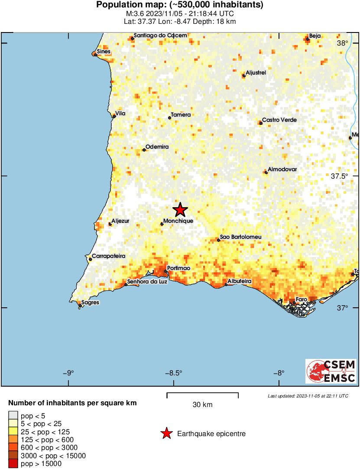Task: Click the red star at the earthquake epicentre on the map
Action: click(180, 210)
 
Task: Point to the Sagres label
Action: click(90, 303)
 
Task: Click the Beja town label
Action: click(314, 36)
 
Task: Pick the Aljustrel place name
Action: click(256, 73)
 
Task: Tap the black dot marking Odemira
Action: click(144, 150)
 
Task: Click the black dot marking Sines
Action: click(95, 55)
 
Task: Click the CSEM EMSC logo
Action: click(331, 371)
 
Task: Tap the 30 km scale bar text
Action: click(202, 405)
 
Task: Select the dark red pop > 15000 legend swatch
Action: click(13, 464)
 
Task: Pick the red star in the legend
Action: click(165, 433)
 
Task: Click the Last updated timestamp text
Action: click(308, 396)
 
